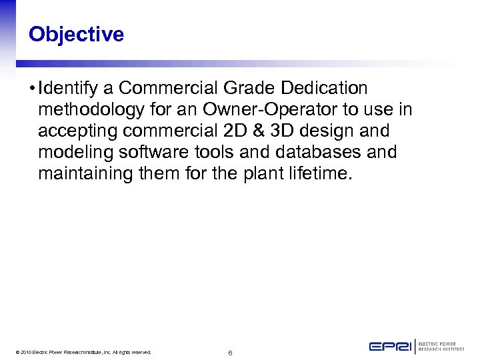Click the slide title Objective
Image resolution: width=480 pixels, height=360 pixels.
pyautogui.click(x=76, y=34)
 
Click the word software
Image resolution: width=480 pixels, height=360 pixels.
pyautogui.click(x=147, y=152)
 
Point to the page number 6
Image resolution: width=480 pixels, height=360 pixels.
pyautogui.click(x=229, y=352)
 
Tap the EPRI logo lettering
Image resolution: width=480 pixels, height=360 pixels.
pyautogui.click(x=391, y=347)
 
